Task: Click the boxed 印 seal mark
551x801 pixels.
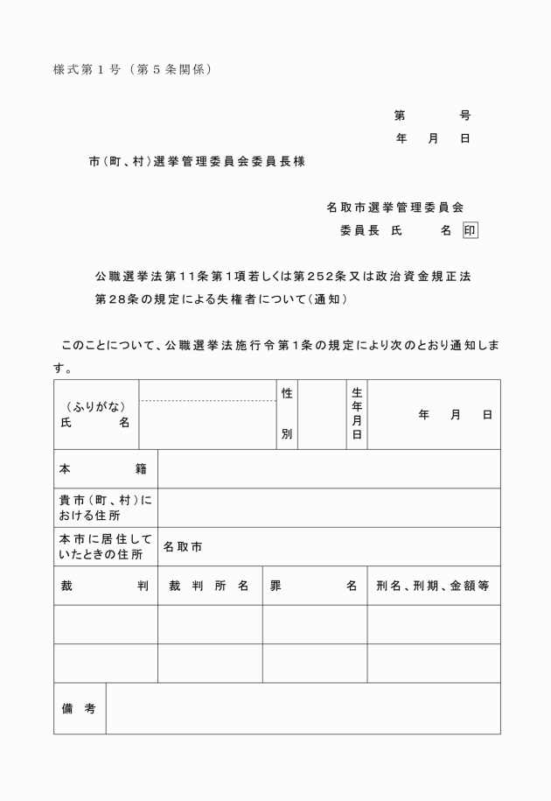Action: [x=471, y=230]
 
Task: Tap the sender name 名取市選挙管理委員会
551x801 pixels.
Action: [x=394, y=207]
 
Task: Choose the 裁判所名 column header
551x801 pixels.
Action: [x=209, y=586]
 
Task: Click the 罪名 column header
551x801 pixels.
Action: [x=314, y=586]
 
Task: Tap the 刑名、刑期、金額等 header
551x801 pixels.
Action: [x=432, y=586]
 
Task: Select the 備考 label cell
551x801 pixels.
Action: [x=79, y=708]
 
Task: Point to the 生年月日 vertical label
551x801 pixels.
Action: [x=356, y=414]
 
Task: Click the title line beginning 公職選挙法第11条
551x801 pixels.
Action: [x=282, y=277]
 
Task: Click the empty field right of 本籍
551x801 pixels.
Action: [x=329, y=469]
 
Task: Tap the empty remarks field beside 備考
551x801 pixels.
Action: [x=303, y=708]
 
